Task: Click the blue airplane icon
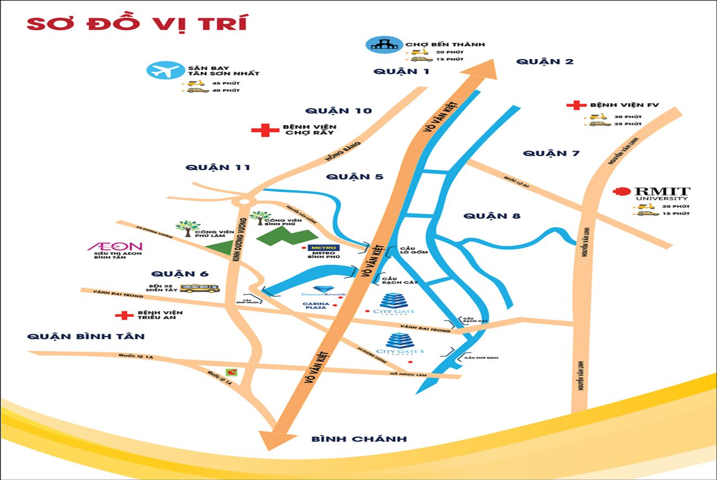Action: (x=165, y=71)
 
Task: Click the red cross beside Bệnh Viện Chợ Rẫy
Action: (x=265, y=130)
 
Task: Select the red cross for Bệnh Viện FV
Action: (x=577, y=105)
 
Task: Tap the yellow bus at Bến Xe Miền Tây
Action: (x=200, y=288)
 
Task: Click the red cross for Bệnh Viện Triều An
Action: (x=124, y=316)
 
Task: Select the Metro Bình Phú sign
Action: (x=324, y=248)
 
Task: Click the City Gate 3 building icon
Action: (x=397, y=340)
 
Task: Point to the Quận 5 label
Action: (x=354, y=177)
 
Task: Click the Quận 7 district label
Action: (x=551, y=153)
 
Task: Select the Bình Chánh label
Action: (x=359, y=439)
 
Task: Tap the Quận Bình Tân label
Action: (x=85, y=336)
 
